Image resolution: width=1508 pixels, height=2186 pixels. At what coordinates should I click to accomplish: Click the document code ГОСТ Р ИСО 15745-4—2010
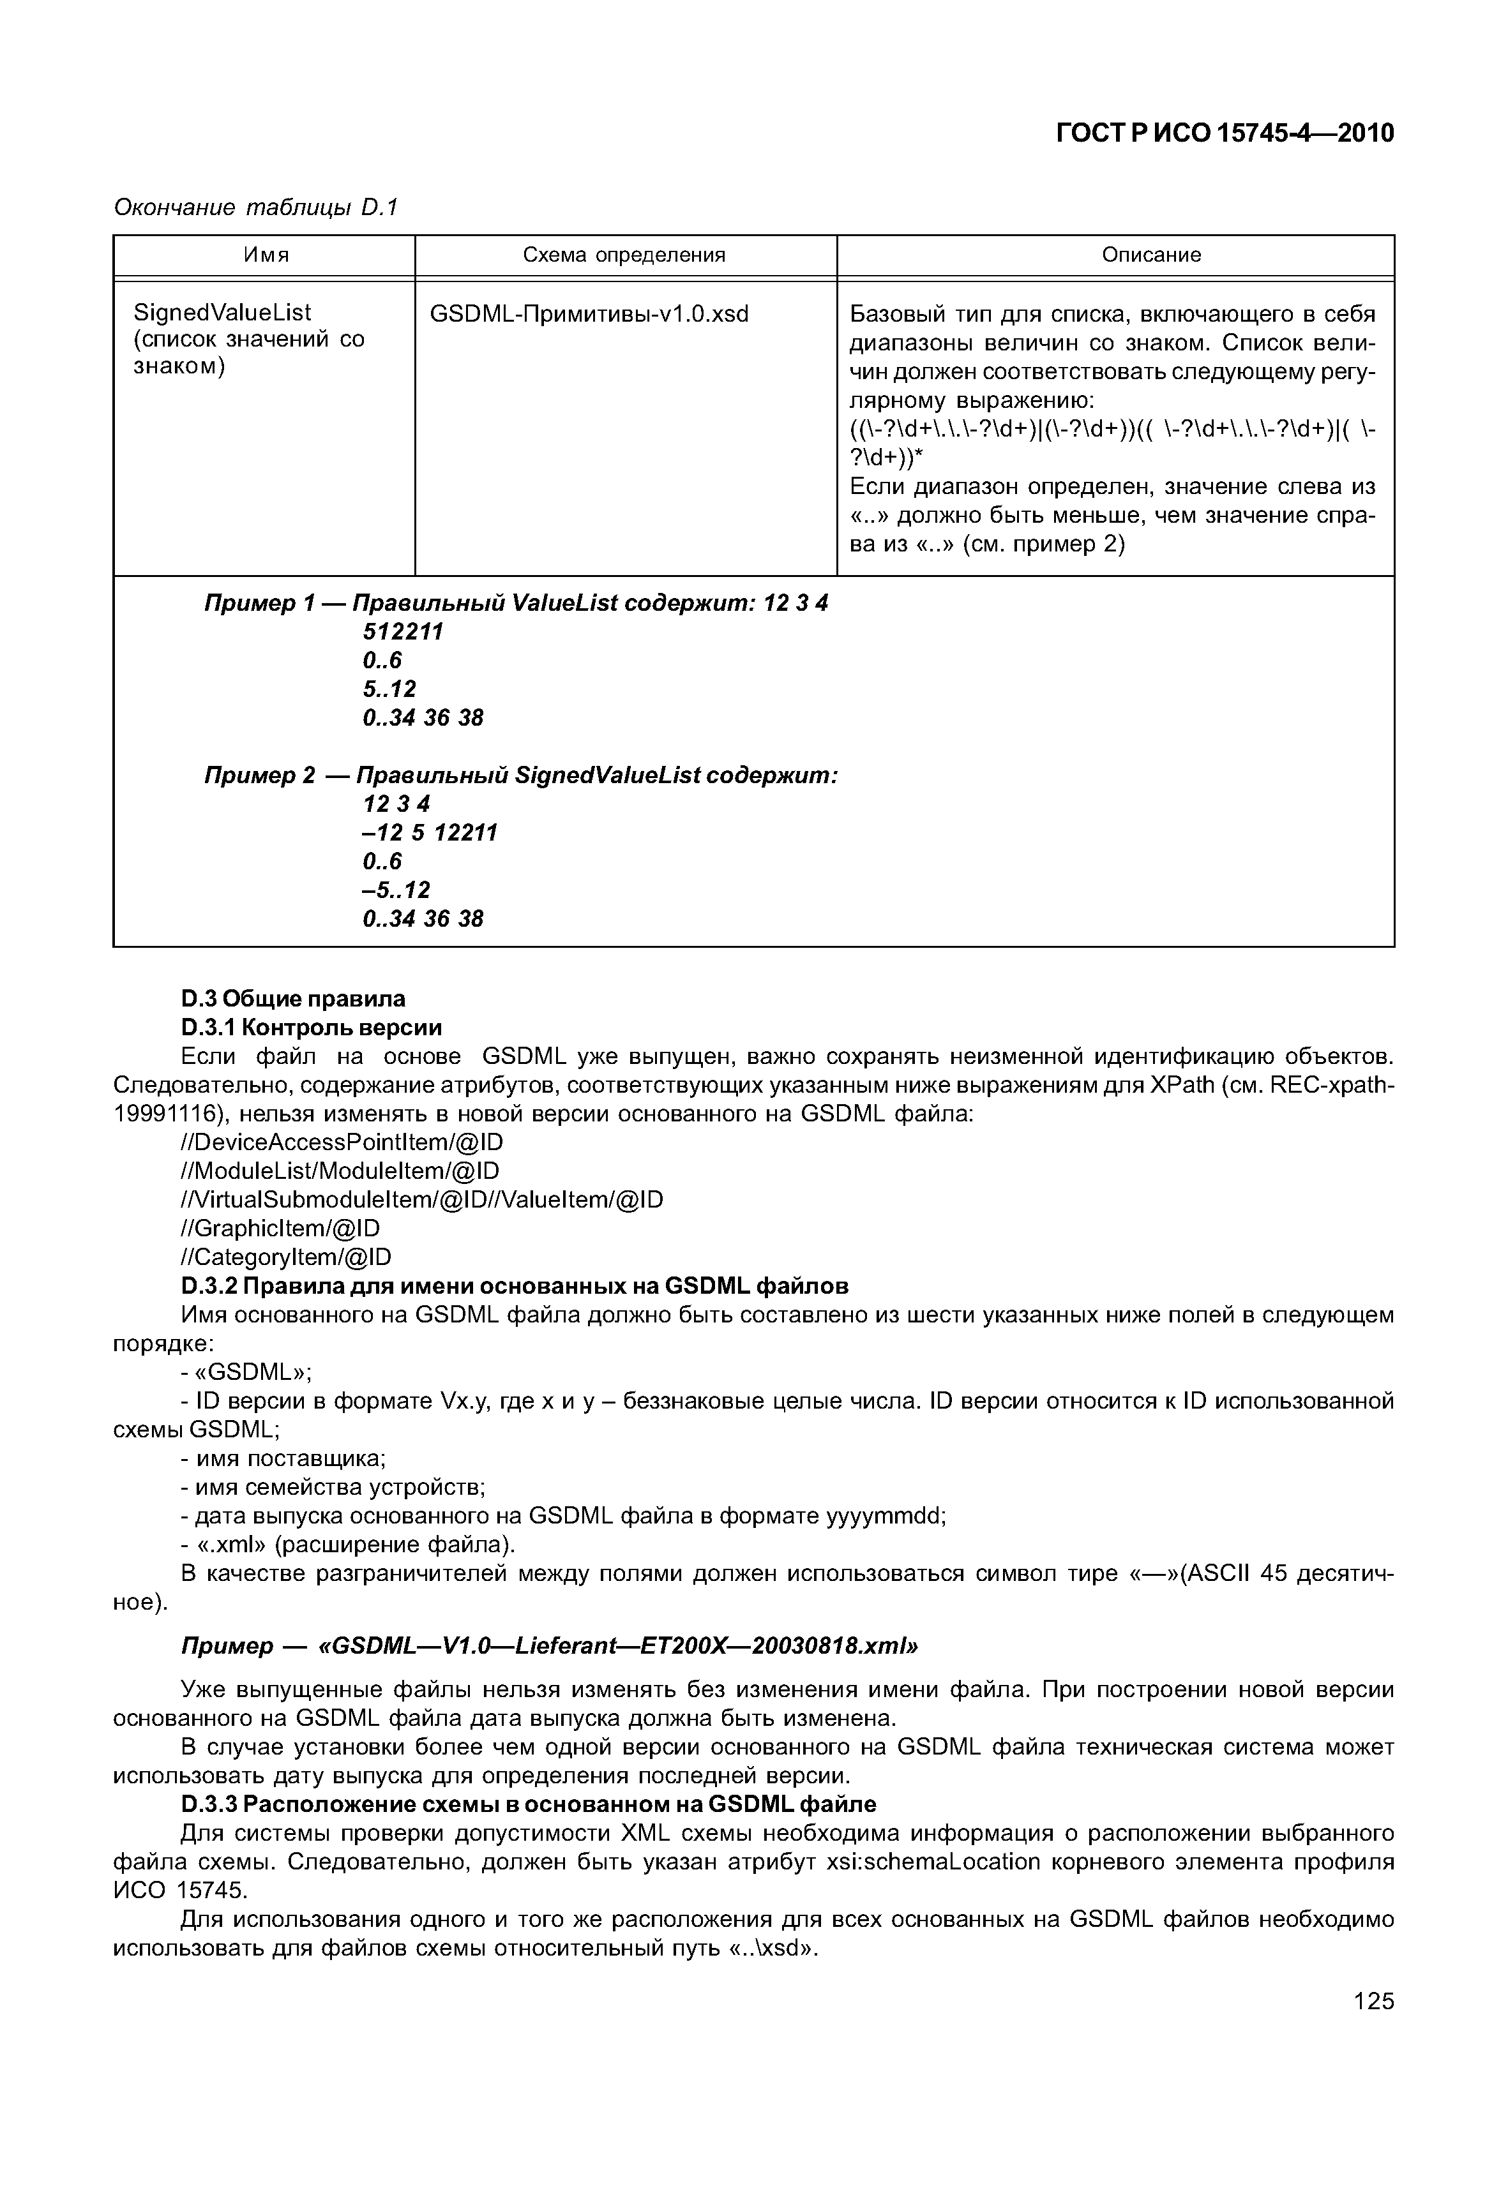click(1224, 134)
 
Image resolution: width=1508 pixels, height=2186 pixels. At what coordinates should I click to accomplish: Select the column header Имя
click(266, 255)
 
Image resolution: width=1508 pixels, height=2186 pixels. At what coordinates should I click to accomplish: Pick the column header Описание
click(1151, 255)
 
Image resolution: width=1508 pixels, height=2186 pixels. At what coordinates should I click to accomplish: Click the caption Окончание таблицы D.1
click(256, 207)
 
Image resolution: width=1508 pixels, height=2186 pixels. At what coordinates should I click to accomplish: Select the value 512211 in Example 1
click(402, 632)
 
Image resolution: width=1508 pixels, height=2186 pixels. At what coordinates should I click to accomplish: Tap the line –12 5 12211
click(429, 832)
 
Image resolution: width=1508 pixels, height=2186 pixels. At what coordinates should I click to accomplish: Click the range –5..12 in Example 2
click(396, 890)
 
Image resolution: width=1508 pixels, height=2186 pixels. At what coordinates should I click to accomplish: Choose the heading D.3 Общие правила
click(293, 998)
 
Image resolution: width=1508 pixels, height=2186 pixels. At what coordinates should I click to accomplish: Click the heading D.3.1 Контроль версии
click(311, 1027)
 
